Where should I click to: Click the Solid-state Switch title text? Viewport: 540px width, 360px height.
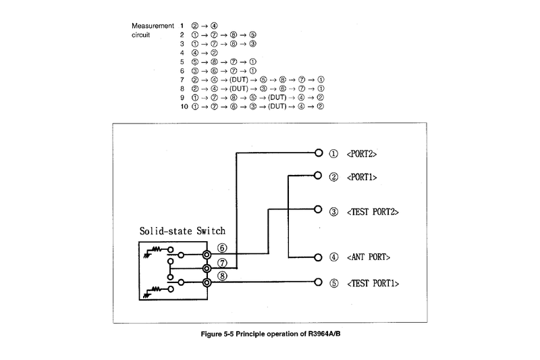182,230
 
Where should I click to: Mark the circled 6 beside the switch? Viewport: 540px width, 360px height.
222,248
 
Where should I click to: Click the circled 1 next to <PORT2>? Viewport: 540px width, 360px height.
333,153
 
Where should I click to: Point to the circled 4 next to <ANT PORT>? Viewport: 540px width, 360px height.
333,257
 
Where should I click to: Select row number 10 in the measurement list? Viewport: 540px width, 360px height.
184,106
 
